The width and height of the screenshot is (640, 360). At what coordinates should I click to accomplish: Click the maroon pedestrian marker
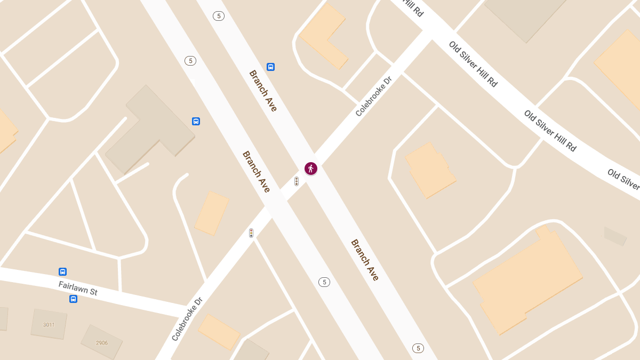(311, 169)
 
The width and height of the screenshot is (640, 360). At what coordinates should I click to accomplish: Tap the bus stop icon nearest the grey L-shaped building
(196, 121)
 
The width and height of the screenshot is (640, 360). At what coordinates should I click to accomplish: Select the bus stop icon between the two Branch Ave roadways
(270, 67)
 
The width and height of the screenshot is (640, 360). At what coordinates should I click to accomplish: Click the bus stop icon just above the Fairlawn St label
(62, 271)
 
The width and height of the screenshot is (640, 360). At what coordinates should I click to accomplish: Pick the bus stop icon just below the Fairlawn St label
(73, 299)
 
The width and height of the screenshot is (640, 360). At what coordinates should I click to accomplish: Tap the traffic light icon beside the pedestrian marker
(297, 181)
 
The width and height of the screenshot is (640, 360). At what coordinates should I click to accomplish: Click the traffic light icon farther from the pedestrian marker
(251, 233)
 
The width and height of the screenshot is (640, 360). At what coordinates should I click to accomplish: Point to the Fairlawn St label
(78, 289)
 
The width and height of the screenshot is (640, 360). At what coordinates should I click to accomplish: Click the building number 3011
(49, 324)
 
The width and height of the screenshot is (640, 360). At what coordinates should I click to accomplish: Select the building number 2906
(101, 342)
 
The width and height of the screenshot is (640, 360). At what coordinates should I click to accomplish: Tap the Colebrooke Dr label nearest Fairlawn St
(187, 319)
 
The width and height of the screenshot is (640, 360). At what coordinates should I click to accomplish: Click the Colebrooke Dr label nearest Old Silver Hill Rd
(373, 96)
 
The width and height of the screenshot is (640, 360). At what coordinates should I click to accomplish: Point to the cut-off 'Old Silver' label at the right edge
(623, 179)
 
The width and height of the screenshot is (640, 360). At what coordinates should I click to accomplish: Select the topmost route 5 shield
(218, 16)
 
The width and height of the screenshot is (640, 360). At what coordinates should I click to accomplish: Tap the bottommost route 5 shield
(418, 348)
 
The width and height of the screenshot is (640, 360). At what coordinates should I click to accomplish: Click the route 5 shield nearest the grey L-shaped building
(190, 61)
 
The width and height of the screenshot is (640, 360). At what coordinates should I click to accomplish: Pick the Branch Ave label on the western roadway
(257, 171)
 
